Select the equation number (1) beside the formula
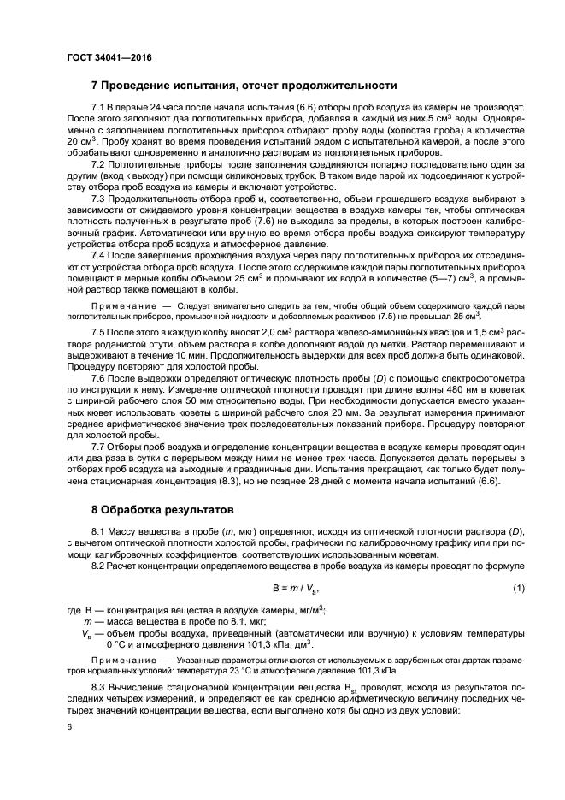tap(518, 589)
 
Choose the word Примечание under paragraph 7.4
tap(121, 305)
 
